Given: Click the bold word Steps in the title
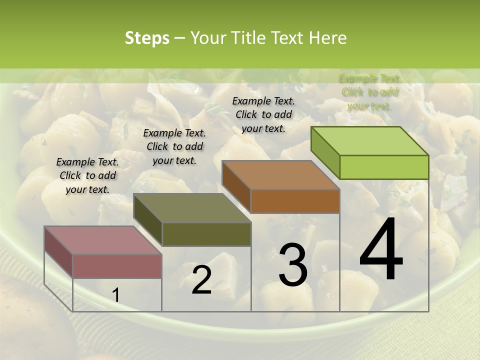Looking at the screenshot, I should pos(147,38).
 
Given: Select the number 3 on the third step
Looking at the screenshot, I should pos(292,264).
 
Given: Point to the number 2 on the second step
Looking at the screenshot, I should pos(201,280).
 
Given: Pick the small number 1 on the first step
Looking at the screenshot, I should pos(116,295).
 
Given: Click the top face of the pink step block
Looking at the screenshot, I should pos(102,240).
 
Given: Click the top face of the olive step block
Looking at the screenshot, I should pos(192,208).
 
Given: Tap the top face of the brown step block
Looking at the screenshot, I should pos(280,175).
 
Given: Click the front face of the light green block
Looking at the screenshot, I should pos(384,167).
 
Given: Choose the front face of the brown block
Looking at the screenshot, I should pos(295,201).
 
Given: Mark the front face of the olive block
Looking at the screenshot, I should pos(206,234).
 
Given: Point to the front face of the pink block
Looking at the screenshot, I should pos(117,266).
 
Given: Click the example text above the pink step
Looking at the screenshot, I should pos(87,175).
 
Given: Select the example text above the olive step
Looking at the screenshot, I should pos(174,146).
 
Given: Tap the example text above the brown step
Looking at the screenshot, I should pos(263,114).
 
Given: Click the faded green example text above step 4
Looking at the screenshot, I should pos(369,92).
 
